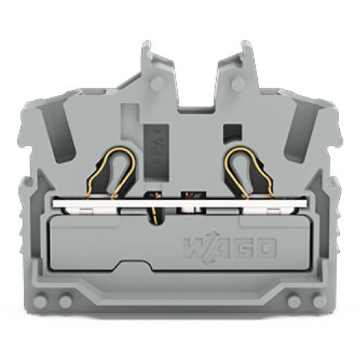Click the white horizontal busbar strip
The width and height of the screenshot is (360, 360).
180,204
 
